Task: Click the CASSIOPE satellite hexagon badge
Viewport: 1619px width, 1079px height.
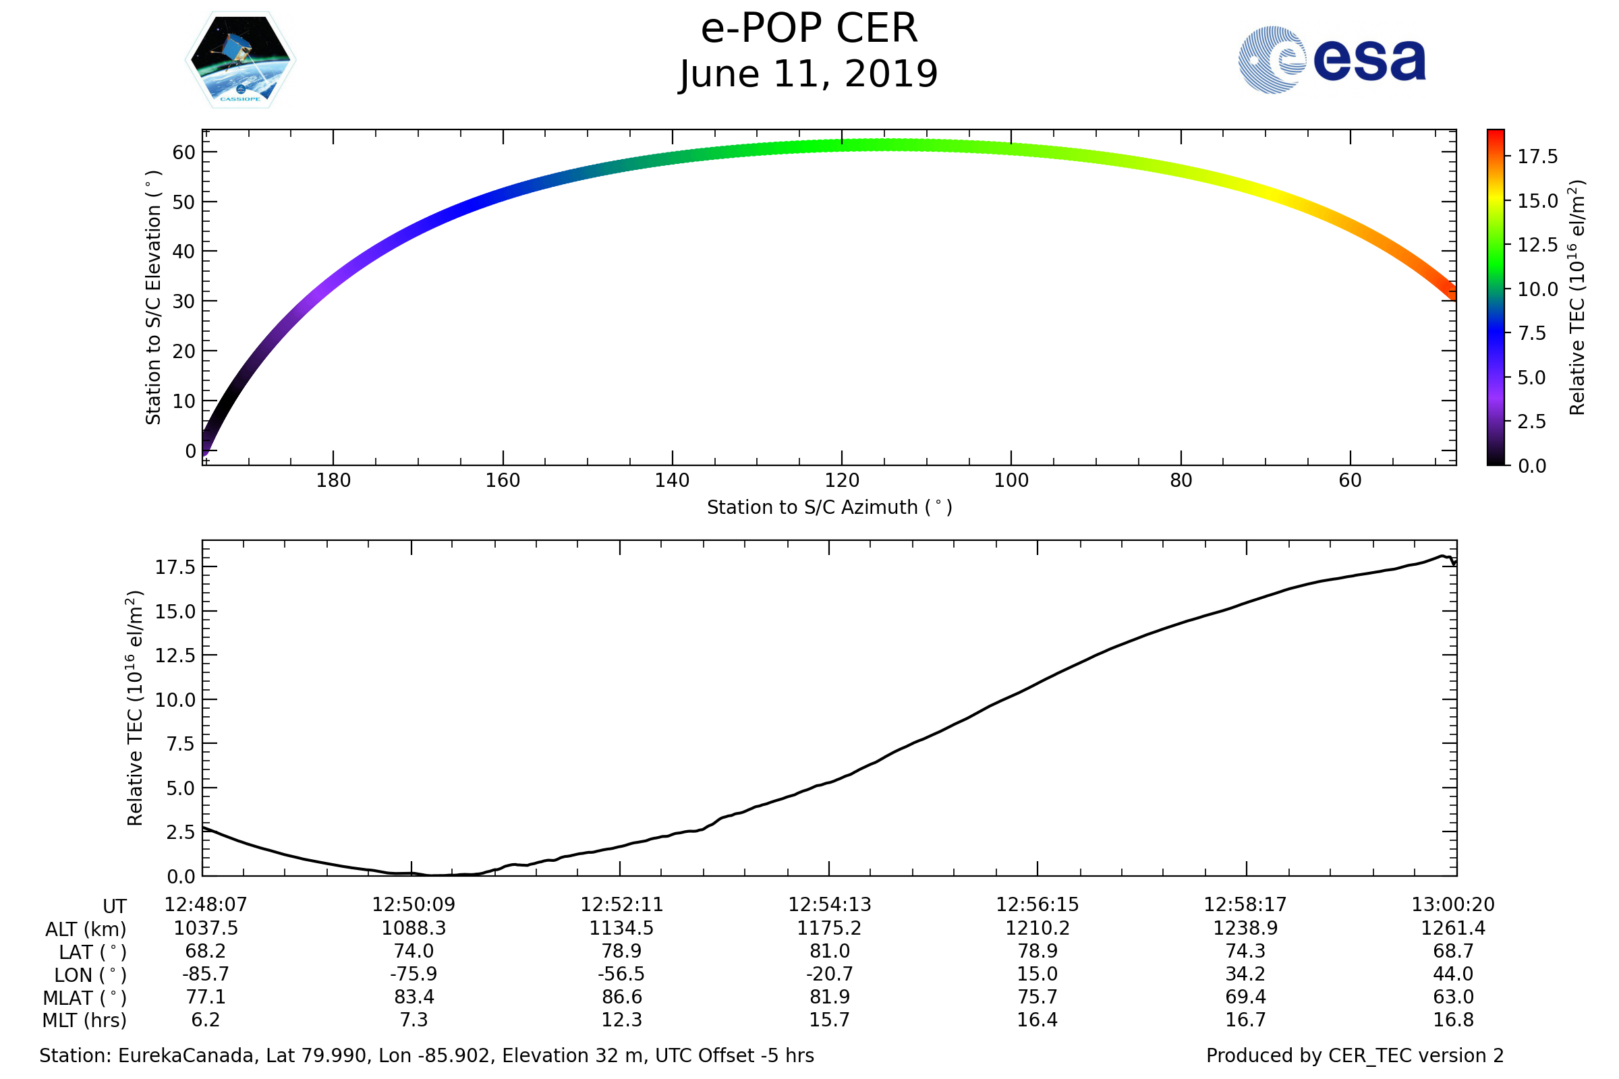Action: [240, 60]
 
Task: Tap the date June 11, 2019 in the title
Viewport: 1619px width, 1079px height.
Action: [809, 74]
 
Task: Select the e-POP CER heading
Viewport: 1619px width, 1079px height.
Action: [809, 29]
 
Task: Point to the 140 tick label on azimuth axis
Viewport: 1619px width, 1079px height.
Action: [672, 480]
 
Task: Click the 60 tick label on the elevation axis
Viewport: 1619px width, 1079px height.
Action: [183, 152]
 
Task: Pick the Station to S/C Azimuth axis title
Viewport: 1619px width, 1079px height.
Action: [830, 508]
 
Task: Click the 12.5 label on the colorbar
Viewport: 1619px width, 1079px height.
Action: [1537, 245]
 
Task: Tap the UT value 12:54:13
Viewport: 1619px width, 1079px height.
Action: [830, 905]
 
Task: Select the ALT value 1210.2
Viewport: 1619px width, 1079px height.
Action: [1038, 929]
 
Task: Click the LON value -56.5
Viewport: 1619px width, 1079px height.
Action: [621, 974]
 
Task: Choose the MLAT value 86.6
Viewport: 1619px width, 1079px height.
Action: [621, 997]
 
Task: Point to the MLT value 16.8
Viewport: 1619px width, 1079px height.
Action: [1453, 1020]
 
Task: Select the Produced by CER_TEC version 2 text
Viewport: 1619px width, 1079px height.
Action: [1355, 1055]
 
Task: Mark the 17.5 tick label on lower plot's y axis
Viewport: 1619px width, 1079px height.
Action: [175, 567]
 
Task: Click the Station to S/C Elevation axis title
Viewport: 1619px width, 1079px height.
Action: [154, 297]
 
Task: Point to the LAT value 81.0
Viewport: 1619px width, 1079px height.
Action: [830, 951]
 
